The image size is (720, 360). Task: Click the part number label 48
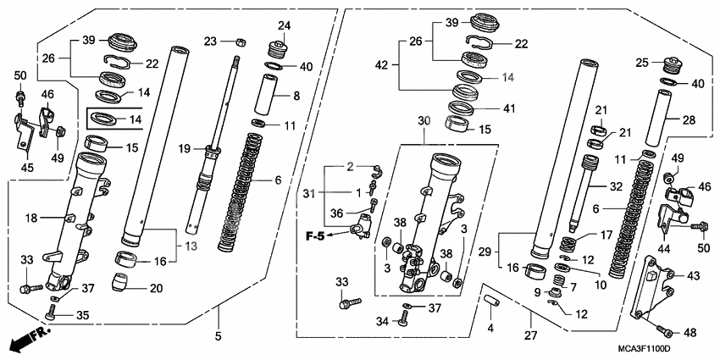click(690, 332)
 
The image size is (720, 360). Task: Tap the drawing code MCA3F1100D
click(645, 351)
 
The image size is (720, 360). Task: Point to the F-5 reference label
click(315, 236)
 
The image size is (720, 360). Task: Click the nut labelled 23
click(239, 42)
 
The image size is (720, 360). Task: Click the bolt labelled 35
click(50, 315)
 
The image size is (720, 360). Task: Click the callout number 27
click(531, 335)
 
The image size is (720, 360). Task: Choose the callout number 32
click(615, 186)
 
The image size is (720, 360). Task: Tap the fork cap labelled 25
click(673, 67)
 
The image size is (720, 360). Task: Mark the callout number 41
click(509, 108)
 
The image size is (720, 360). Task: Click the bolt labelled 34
click(404, 318)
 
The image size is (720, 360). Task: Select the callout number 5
click(218, 335)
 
